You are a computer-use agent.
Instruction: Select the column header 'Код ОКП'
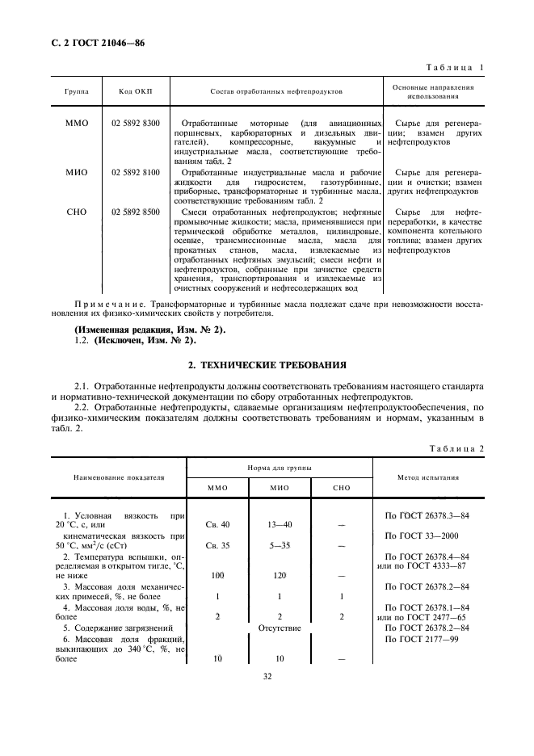coord(135,91)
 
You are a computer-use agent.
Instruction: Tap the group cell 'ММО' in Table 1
coord(76,123)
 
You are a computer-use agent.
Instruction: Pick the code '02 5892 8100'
coord(136,172)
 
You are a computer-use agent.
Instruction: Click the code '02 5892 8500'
coord(136,212)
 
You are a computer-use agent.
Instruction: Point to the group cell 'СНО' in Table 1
coord(76,212)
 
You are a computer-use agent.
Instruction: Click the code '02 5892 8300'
coord(136,123)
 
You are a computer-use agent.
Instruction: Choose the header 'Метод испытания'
coord(428,477)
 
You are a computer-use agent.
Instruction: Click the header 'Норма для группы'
coord(280,468)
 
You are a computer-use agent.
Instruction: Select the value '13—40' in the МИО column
coord(279,524)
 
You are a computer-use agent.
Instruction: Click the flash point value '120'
coord(279,575)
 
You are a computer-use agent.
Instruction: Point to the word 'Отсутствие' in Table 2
coord(280,627)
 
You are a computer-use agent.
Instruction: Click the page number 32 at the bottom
coord(267,676)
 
